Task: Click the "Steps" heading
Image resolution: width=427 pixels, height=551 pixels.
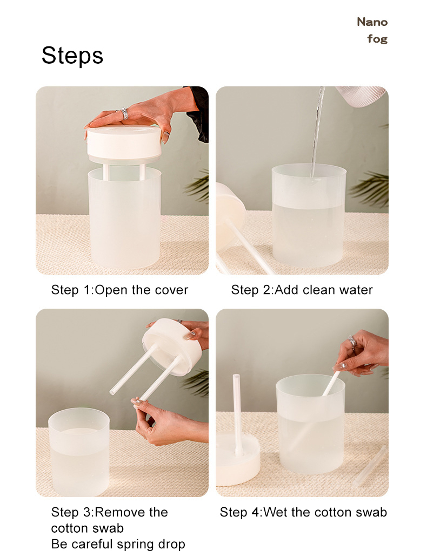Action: click(72, 56)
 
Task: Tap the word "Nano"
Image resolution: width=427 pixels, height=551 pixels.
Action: click(372, 22)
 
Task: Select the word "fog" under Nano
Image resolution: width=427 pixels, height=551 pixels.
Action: click(377, 39)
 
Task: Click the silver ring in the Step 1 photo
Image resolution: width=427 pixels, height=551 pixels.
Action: click(124, 113)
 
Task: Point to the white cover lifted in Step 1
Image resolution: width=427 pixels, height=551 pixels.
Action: click(124, 143)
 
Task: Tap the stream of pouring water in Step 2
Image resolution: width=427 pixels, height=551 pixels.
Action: click(317, 130)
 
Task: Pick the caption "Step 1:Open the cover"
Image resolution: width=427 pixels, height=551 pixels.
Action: click(119, 290)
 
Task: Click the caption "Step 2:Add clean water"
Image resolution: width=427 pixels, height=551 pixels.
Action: click(302, 290)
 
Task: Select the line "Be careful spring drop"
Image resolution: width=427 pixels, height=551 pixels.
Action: click(118, 543)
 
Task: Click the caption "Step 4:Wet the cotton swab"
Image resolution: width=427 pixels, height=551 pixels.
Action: click(303, 512)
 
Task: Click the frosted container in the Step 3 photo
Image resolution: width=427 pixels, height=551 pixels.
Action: click(78, 453)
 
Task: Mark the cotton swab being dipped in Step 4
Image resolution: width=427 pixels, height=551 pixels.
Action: click(331, 383)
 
